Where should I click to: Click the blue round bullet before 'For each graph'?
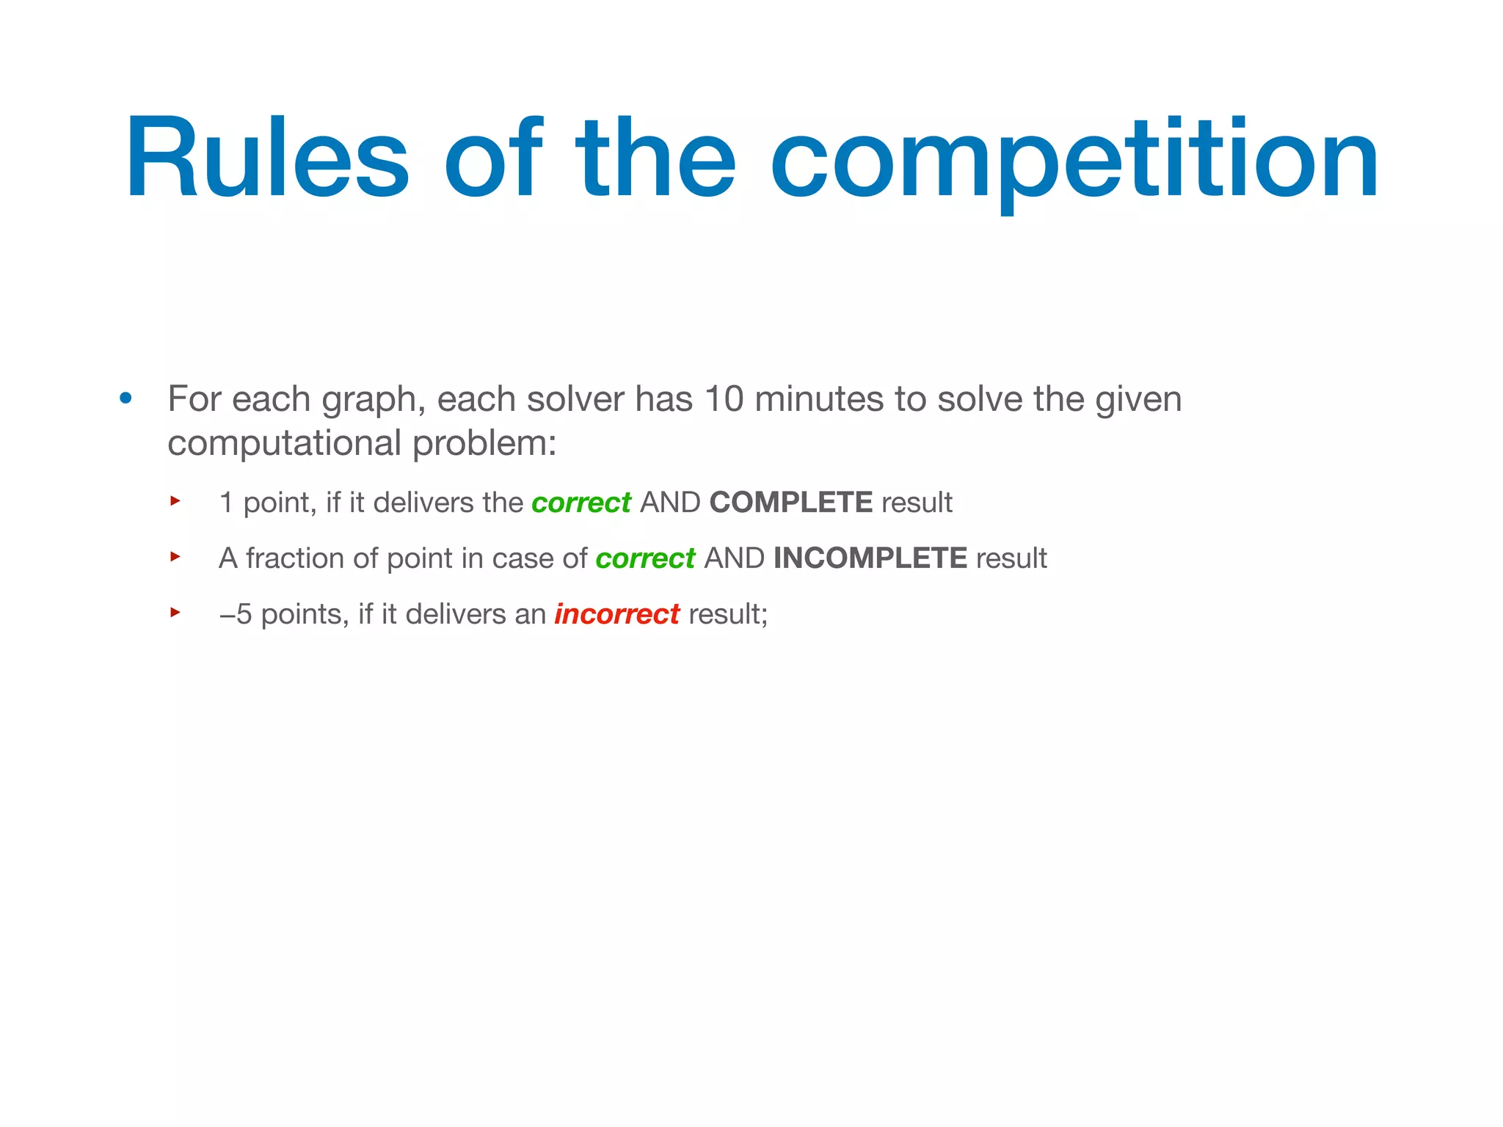(x=126, y=398)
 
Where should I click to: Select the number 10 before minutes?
(x=724, y=400)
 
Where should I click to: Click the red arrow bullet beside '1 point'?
(x=175, y=501)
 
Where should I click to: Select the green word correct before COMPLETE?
(x=581, y=503)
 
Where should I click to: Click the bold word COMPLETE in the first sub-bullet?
(x=791, y=503)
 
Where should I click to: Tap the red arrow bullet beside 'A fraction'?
(x=175, y=557)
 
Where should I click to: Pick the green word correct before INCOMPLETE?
(x=645, y=559)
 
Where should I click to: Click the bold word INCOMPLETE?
(x=870, y=558)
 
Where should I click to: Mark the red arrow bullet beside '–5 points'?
(x=175, y=612)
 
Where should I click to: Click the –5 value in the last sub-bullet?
(x=236, y=615)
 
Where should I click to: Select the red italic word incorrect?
(x=616, y=615)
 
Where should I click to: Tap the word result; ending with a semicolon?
(x=728, y=615)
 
